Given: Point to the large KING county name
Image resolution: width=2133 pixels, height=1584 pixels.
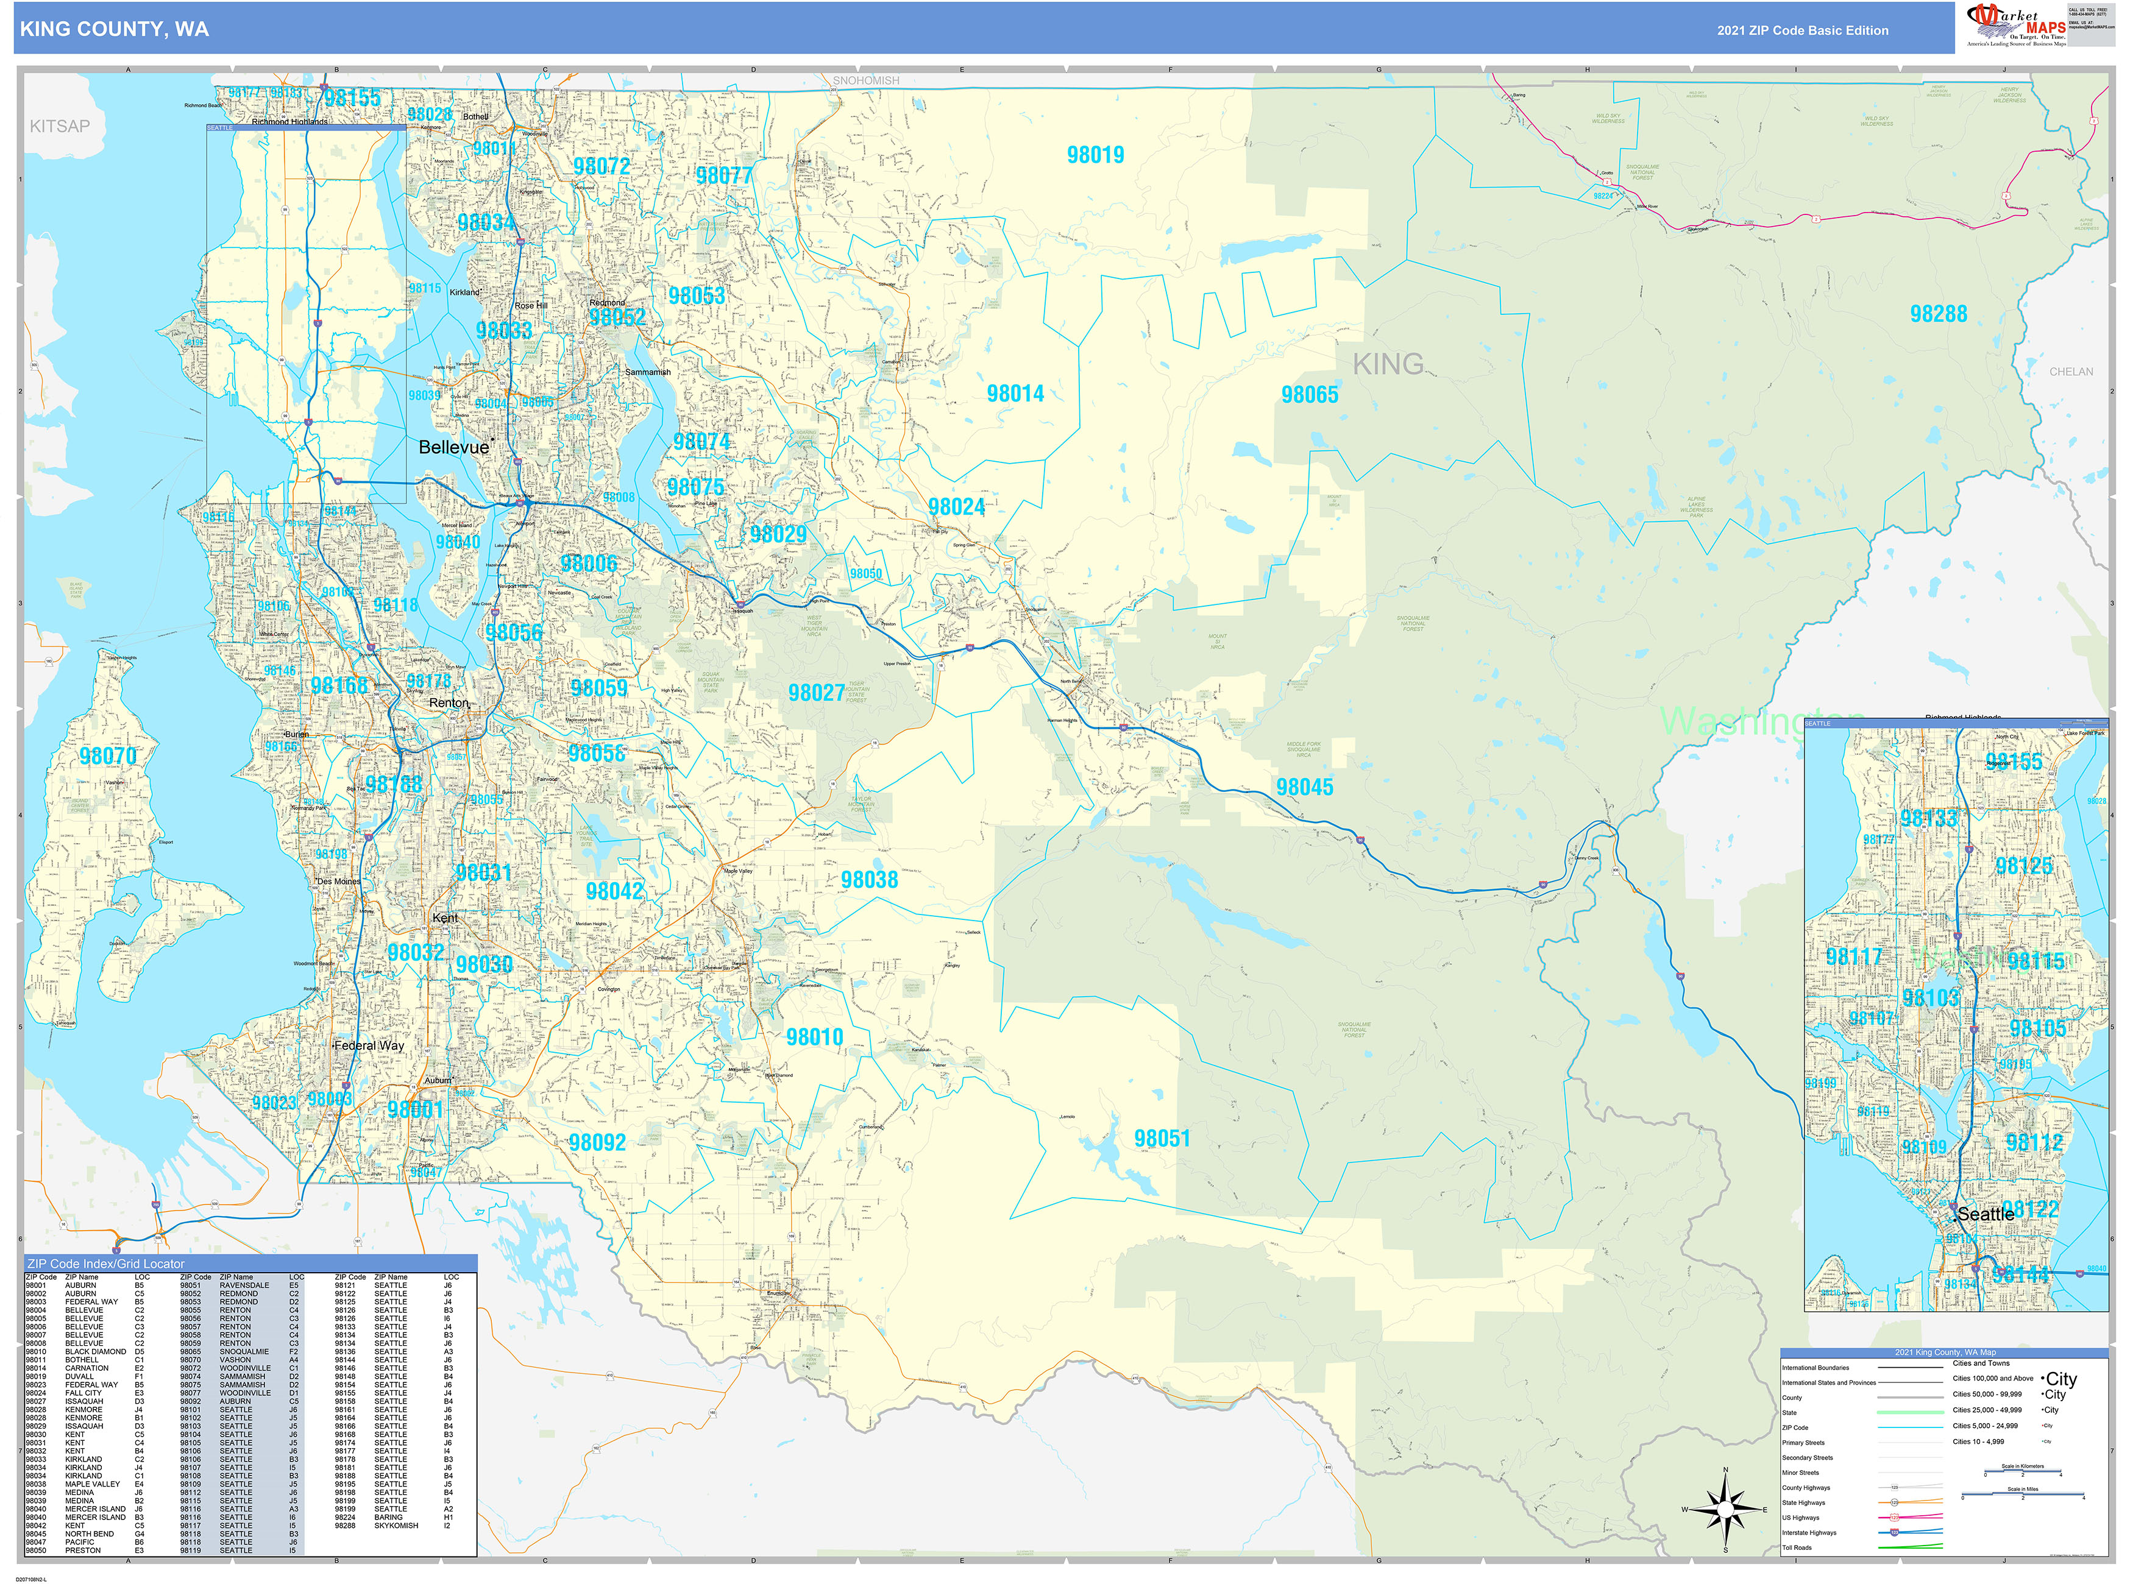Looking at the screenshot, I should (x=1388, y=364).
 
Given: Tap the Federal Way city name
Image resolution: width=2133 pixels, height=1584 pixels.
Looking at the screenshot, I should (x=369, y=1045).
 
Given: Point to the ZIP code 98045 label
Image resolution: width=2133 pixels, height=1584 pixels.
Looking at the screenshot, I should (x=1304, y=787).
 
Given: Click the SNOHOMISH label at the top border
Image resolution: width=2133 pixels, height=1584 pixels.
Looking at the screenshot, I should (x=865, y=80).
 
